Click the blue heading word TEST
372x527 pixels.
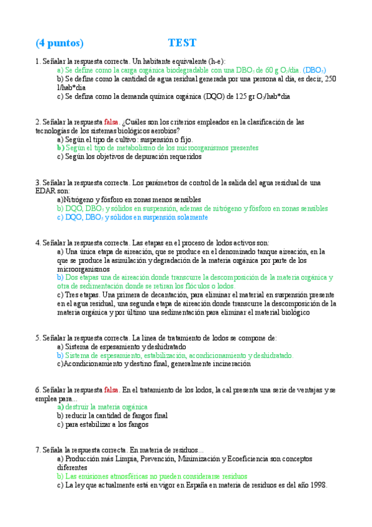182,43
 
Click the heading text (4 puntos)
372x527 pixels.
59,43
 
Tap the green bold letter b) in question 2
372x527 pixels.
60,148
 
